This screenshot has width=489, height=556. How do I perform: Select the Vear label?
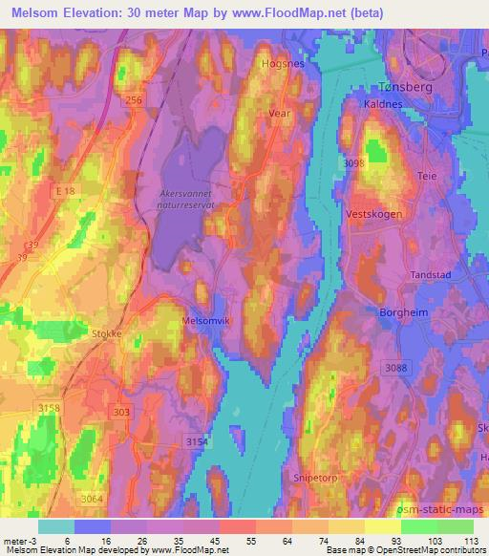(279, 111)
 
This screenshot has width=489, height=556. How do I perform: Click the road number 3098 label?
(355, 165)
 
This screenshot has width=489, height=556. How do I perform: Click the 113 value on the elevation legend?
(469, 541)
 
